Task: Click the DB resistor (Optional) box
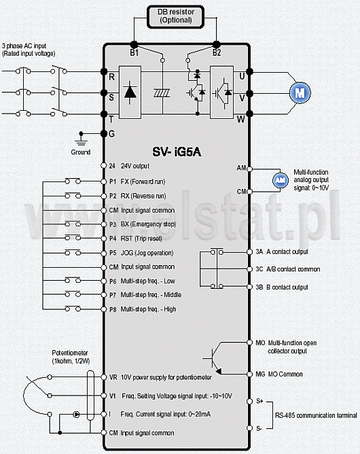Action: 176,17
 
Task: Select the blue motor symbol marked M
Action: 300,93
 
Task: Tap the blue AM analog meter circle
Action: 281,180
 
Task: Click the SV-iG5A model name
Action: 177,152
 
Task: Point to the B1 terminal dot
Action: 134,45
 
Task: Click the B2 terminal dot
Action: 217,45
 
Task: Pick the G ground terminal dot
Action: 104,133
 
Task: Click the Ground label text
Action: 81,152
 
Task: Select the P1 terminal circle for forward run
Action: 104,181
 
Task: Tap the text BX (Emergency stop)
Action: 148,224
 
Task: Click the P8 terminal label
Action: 113,309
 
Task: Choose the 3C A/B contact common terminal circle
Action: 249,269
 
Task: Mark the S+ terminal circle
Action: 249,401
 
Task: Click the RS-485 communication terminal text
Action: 316,415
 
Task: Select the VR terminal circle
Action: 104,377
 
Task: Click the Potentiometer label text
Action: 70,353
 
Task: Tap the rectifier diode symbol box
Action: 130,92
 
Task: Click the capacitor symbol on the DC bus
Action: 162,93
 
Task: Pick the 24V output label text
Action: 135,166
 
